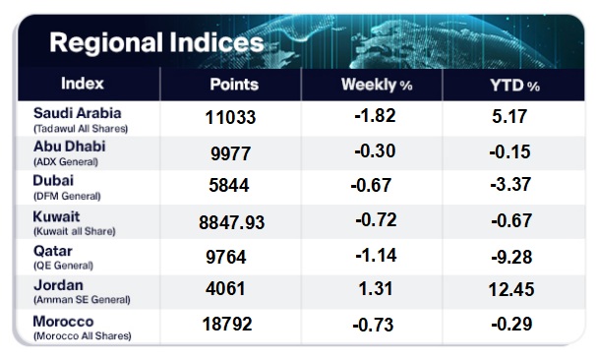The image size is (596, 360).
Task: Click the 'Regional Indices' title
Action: [156, 42]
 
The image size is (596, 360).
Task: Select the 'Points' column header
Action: [234, 85]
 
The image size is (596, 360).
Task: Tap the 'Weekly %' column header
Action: [377, 85]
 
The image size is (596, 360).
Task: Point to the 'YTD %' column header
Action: [514, 86]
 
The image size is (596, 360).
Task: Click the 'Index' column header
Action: [83, 84]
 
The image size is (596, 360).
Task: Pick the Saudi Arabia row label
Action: [78, 113]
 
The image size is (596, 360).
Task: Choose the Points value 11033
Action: [230, 117]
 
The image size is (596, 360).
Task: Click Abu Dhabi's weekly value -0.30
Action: [375, 150]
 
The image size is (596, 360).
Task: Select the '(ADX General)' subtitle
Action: [66, 162]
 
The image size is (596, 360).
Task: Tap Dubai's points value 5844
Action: [229, 186]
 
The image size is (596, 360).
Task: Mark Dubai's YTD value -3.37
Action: [510, 184]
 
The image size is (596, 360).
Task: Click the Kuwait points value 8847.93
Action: [231, 222]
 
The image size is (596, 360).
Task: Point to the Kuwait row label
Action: [57, 216]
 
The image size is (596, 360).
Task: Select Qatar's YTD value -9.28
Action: [511, 258]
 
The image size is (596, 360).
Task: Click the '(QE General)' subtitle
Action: [64, 266]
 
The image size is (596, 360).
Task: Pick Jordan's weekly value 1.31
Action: [376, 288]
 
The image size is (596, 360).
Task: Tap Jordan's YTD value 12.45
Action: [511, 290]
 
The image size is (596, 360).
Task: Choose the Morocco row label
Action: [64, 322]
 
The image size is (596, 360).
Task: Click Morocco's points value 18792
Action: [227, 325]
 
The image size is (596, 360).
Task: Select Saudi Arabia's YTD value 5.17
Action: [509, 116]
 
